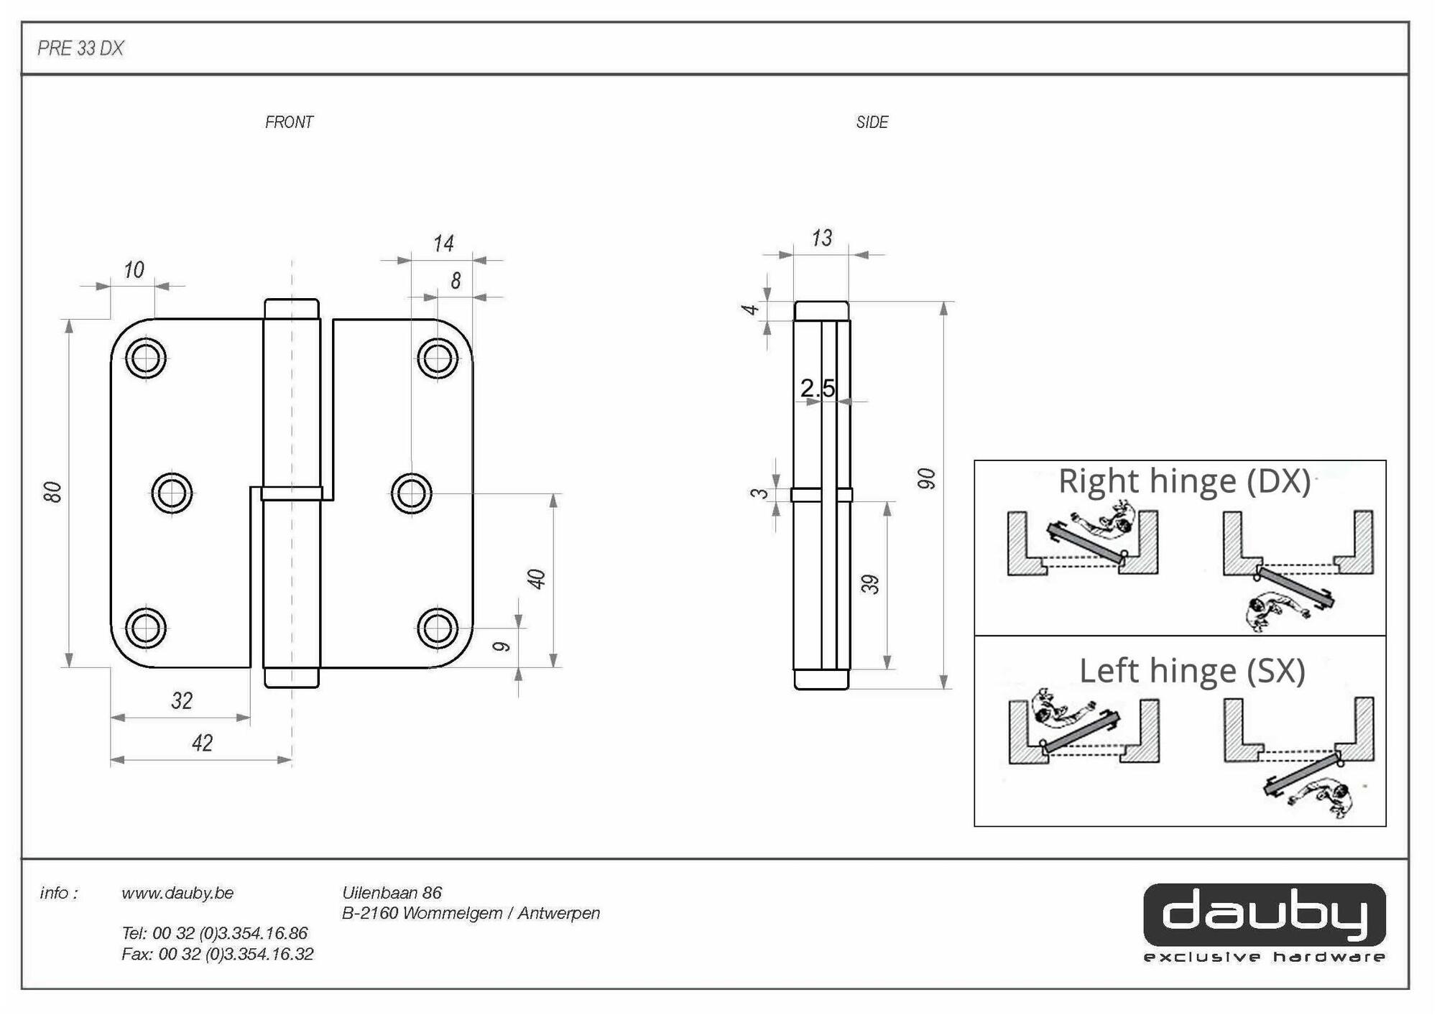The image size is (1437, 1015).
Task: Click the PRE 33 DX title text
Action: point(80,48)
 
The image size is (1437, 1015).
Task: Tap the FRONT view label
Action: point(289,122)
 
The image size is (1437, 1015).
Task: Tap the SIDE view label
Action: point(872,122)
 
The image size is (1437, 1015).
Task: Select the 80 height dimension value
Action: point(52,492)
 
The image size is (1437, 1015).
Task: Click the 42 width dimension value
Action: point(202,743)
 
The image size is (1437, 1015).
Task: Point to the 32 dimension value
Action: point(182,700)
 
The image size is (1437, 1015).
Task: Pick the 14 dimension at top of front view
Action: point(443,244)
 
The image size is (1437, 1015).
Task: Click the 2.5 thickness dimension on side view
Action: point(817,389)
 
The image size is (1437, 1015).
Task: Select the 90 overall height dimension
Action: point(927,478)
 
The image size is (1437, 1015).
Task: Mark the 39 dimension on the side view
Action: point(870,584)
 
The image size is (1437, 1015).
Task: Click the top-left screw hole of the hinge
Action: point(146,358)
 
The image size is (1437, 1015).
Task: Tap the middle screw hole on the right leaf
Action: point(411,493)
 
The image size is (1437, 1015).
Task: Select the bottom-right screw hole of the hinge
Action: point(437,628)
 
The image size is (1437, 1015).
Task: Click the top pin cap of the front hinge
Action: point(291,309)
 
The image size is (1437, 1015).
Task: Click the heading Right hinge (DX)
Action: point(1183,481)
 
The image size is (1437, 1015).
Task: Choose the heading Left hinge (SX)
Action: point(1191,670)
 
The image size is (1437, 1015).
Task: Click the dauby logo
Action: point(1264,914)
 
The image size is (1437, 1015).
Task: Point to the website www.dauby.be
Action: point(177,893)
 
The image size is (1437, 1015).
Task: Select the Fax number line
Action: point(217,954)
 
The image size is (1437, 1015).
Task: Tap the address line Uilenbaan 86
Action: point(392,893)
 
